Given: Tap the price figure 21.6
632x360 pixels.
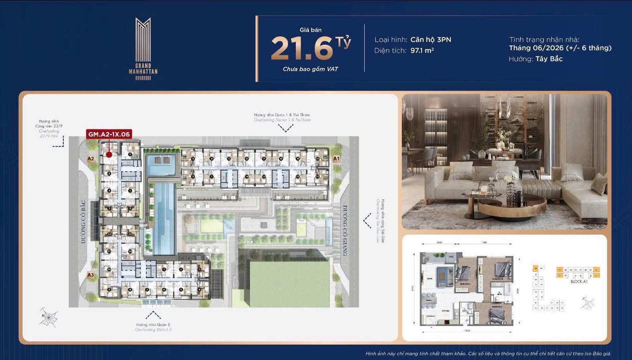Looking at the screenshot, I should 302,48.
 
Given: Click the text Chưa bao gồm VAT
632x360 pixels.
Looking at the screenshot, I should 310,69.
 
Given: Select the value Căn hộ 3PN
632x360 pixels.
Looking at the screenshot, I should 430,39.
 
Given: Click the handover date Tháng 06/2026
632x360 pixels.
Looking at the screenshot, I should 536,48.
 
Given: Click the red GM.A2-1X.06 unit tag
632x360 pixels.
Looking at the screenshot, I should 109,134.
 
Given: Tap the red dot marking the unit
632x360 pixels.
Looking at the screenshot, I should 109,154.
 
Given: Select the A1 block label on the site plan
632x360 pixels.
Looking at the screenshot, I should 336,158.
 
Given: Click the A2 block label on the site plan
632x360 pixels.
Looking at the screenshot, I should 90,159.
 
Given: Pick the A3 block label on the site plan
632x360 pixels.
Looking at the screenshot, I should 90,274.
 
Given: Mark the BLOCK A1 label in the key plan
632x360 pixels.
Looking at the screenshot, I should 578,281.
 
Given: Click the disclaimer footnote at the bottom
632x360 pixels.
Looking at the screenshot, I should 488,353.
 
